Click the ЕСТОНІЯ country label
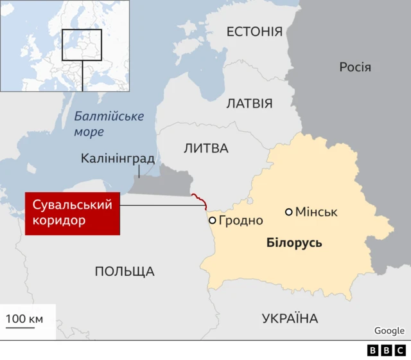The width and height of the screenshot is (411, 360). (x=254, y=32)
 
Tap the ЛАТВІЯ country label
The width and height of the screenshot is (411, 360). (x=249, y=104)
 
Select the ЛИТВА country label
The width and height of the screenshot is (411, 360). (x=205, y=148)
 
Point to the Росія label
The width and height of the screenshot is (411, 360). (x=355, y=67)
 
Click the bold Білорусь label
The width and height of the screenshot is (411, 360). (x=294, y=243)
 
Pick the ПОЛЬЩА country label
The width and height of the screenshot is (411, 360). (x=125, y=271)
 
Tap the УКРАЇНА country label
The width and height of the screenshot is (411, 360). (x=290, y=318)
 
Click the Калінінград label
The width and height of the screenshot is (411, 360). (x=118, y=158)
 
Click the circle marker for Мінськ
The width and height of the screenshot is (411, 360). (x=289, y=212)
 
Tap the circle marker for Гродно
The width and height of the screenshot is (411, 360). (x=212, y=221)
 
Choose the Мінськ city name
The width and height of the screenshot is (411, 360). (x=317, y=212)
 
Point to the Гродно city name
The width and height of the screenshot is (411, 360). (x=241, y=221)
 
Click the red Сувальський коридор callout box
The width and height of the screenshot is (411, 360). (x=73, y=213)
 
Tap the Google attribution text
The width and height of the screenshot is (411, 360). (x=389, y=330)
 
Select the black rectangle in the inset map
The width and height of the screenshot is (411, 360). (x=82, y=45)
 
